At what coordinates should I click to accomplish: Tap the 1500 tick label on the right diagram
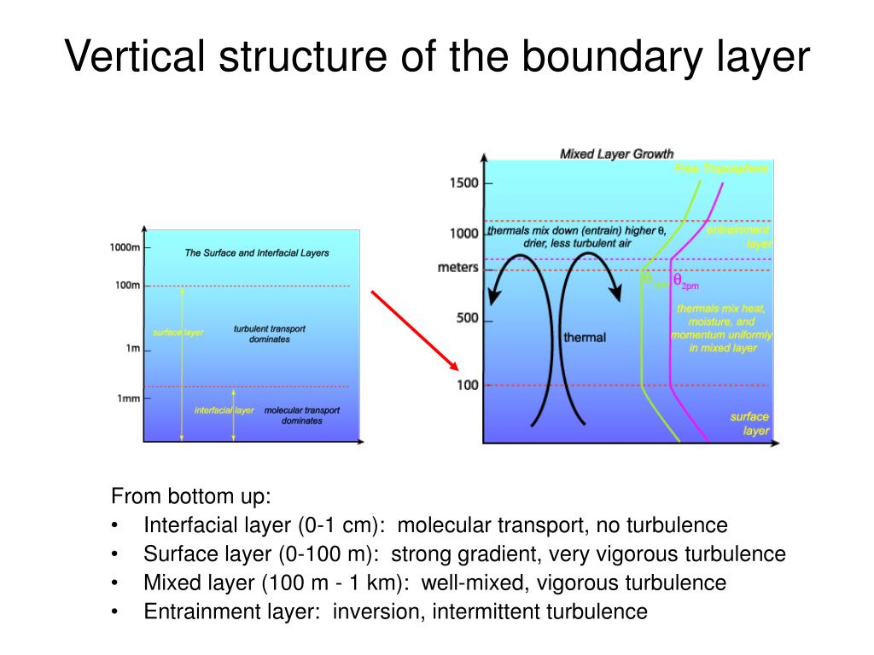tap(464, 183)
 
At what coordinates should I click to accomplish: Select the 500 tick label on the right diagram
tap(468, 319)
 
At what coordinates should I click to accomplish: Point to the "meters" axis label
tap(457, 267)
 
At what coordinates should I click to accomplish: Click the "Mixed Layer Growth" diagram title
tap(616, 154)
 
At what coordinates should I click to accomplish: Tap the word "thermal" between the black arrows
tap(585, 338)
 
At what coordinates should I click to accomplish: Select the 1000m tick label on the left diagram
tap(125, 247)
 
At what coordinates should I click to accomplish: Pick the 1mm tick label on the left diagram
tap(128, 399)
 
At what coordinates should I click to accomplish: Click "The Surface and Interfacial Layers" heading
tap(256, 253)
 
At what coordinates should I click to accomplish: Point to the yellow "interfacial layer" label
tap(224, 410)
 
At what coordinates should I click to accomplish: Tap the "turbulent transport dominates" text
tap(270, 333)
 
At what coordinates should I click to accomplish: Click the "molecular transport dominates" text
tap(301, 415)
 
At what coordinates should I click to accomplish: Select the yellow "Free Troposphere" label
tap(721, 169)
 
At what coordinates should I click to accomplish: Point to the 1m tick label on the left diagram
tap(134, 349)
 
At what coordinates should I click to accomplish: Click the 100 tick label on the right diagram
tap(468, 385)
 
